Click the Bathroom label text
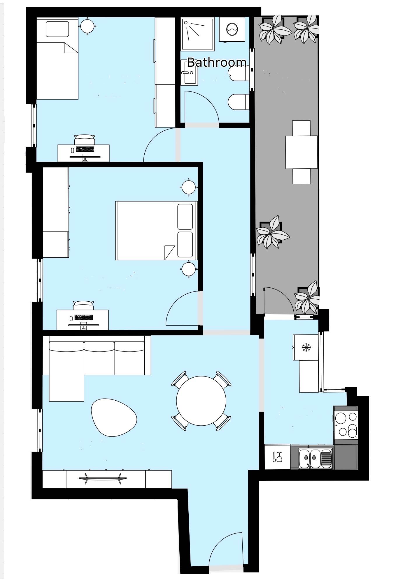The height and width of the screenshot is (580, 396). (x=217, y=62)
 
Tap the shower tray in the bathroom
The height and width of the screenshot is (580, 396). (x=198, y=33)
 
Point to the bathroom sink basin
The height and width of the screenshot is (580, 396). (x=189, y=73)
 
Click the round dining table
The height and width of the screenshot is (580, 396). (x=201, y=401)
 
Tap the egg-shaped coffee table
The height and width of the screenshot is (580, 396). (x=114, y=418)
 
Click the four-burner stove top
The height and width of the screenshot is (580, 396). (x=346, y=425)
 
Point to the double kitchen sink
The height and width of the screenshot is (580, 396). (x=315, y=459)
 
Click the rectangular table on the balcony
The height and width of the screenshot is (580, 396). (x=301, y=152)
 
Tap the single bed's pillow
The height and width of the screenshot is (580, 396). (x=57, y=29)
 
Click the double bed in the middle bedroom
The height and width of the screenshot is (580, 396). (x=156, y=230)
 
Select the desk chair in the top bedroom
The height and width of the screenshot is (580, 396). (x=85, y=140)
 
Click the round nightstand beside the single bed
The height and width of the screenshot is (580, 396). (x=87, y=26)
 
